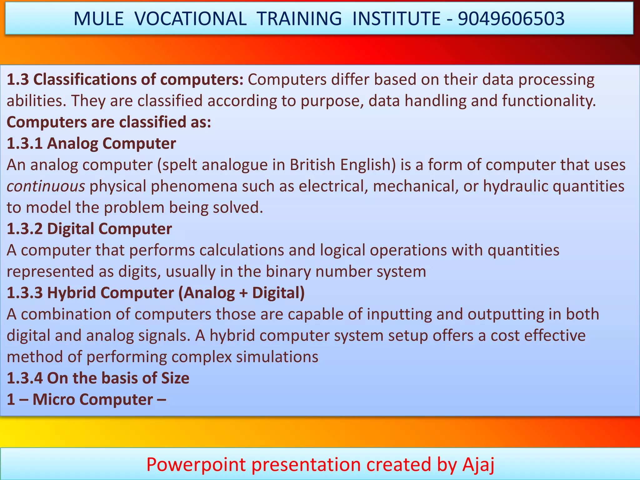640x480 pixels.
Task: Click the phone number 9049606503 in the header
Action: pos(511,19)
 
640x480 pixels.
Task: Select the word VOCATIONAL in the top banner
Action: pos(191,19)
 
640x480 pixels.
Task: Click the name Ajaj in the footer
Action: pos(478,464)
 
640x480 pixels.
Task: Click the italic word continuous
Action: pos(46,187)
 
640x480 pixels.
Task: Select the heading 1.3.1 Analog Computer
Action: pos(91,143)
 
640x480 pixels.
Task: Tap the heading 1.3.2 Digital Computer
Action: pos(89,229)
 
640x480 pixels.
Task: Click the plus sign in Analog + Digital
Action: pos(243,293)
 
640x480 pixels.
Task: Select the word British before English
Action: pos(312,165)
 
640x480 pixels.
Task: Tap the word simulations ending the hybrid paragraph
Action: pos(277,357)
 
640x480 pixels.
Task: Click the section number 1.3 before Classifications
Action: pos(18,80)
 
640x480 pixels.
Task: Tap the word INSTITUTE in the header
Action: pos(396,19)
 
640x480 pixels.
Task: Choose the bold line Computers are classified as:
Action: pos(109,122)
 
